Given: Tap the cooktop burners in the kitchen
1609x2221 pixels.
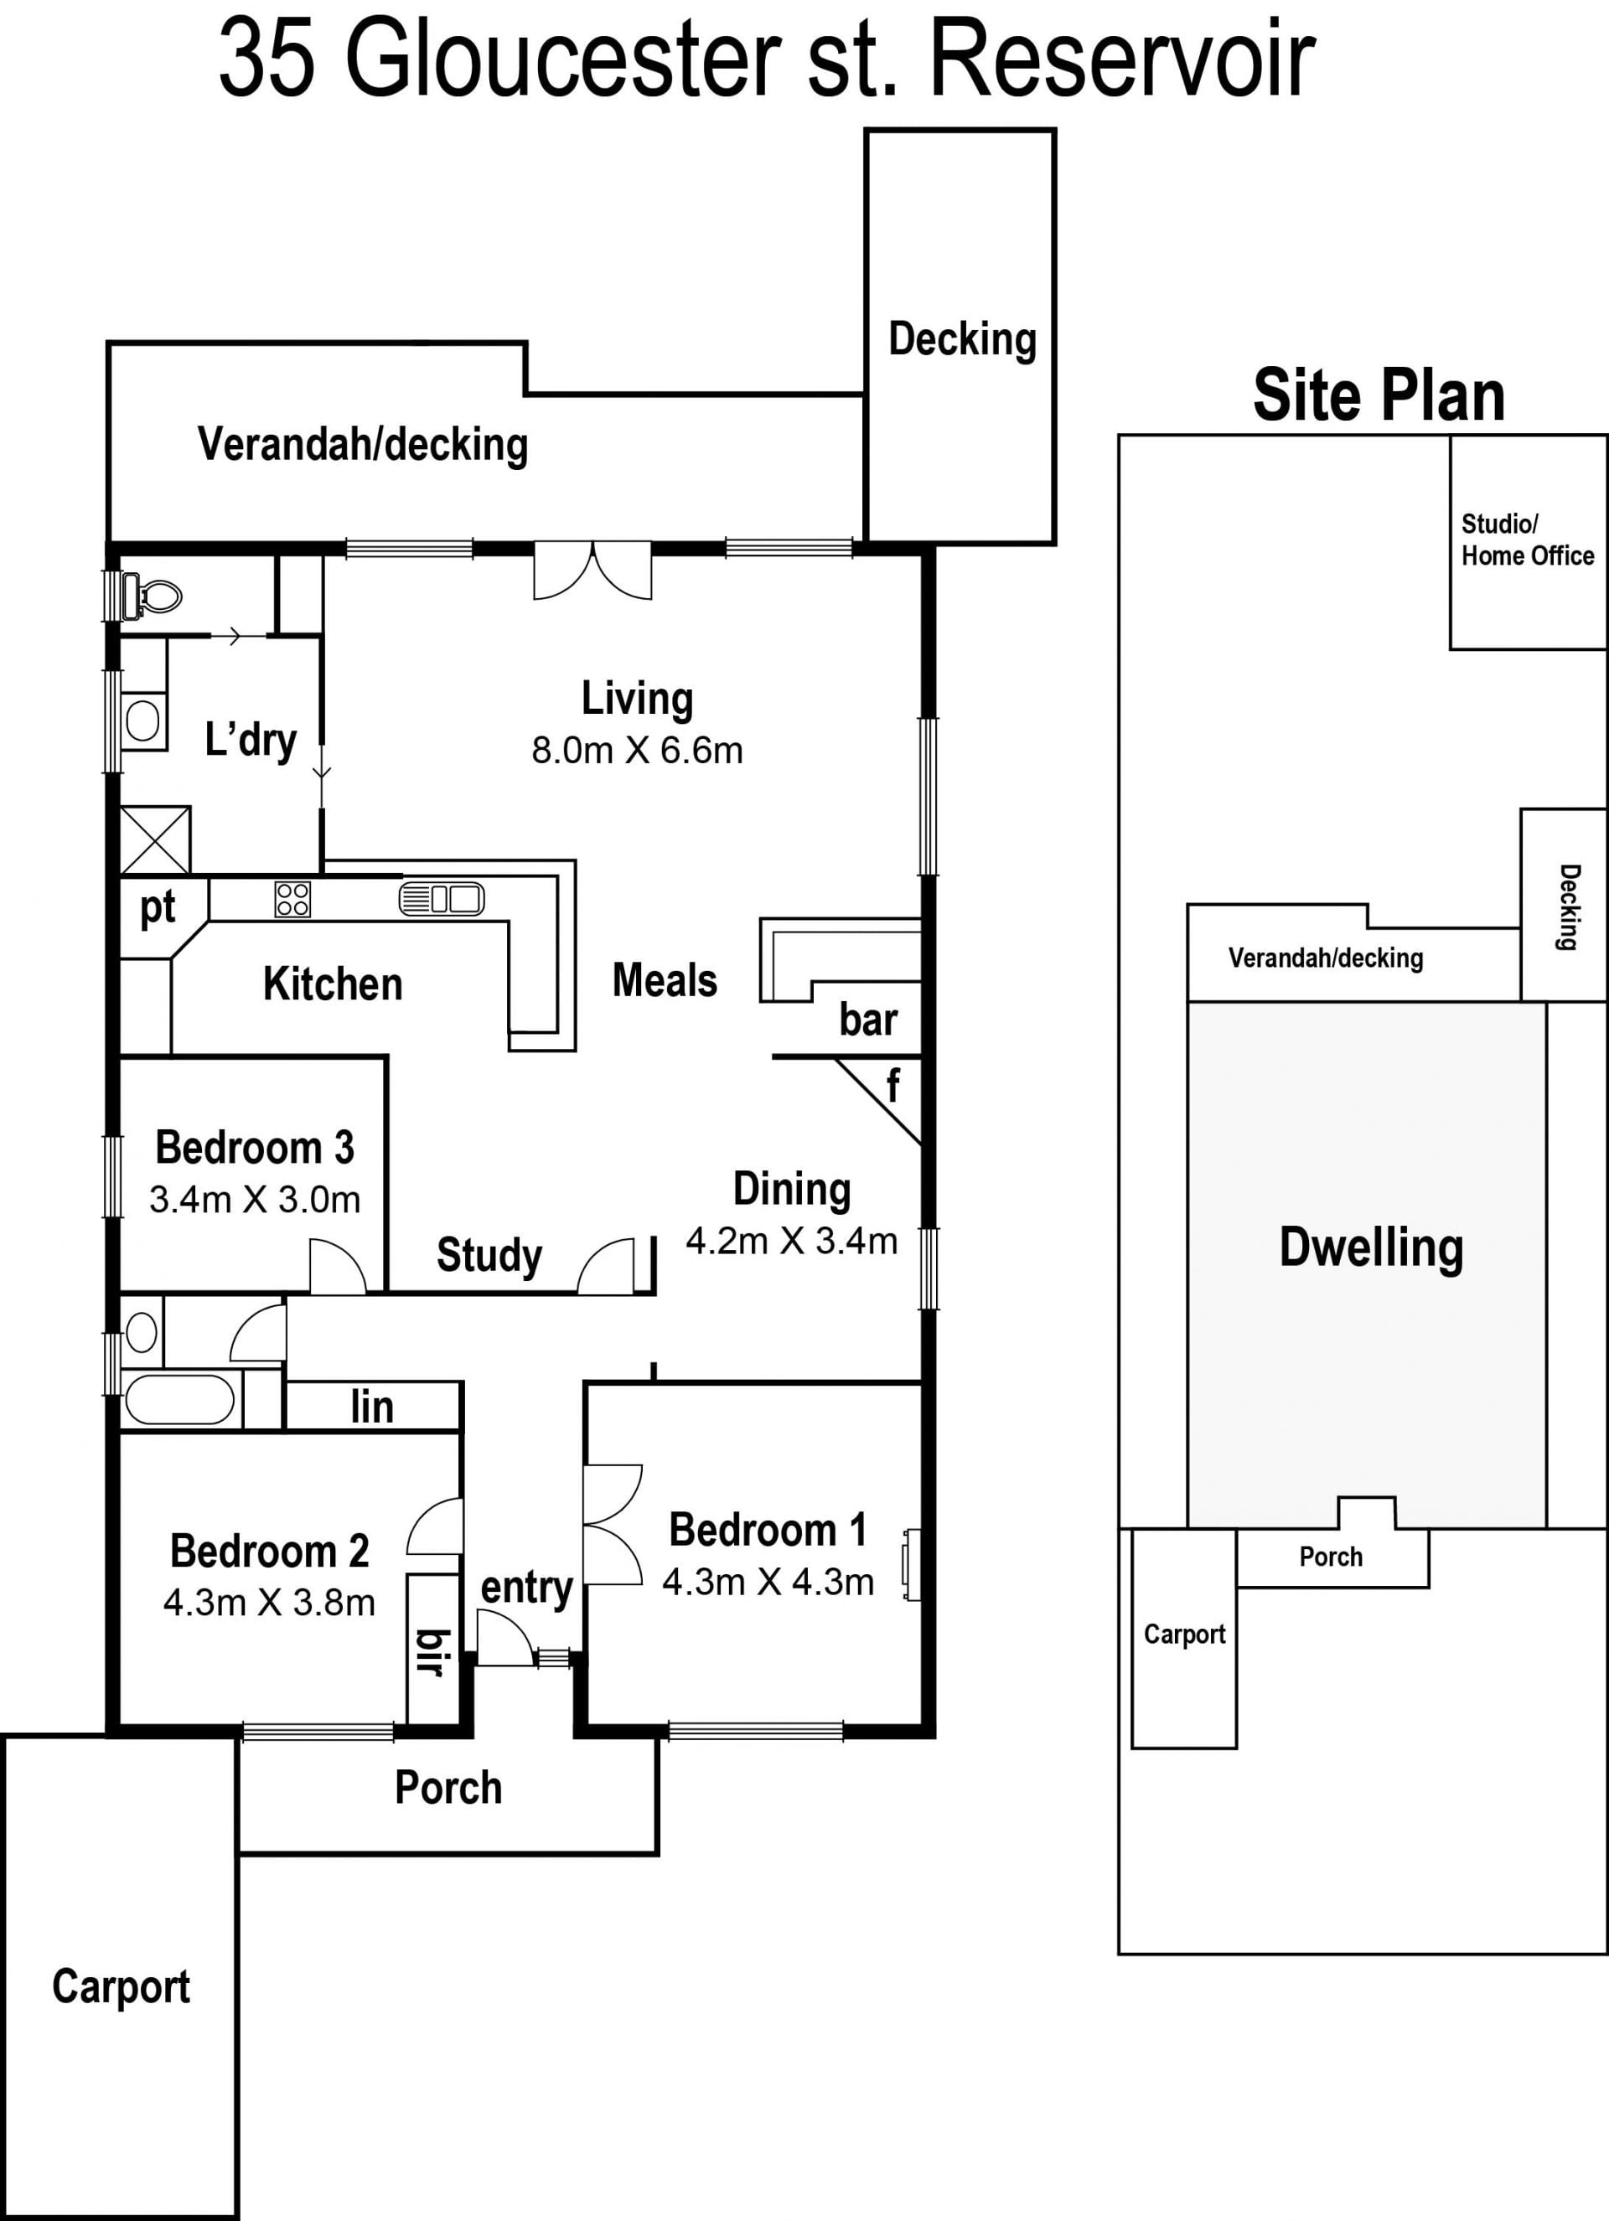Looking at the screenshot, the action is point(292,899).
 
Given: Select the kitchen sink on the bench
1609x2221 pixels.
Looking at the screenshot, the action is point(442,898).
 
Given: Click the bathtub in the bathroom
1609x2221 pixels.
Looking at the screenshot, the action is point(178,1400).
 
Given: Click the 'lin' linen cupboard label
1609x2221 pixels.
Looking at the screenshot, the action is point(372,1407).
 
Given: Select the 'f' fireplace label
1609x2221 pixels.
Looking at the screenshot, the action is point(892,1085).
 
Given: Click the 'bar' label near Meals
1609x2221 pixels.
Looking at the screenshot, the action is point(867,1020).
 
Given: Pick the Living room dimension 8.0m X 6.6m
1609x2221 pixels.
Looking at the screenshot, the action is point(638,752).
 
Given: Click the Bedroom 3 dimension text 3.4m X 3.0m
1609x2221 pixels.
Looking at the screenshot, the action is point(255,1200).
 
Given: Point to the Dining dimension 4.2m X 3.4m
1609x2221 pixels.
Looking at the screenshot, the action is point(791,1242).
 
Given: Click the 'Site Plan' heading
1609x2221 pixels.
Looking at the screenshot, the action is point(1379,395).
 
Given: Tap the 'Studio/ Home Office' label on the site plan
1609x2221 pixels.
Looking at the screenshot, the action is point(1528,540).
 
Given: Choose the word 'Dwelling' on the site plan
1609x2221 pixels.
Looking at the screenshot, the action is point(1371,1248).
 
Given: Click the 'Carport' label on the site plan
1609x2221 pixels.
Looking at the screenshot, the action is point(1185,1635).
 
